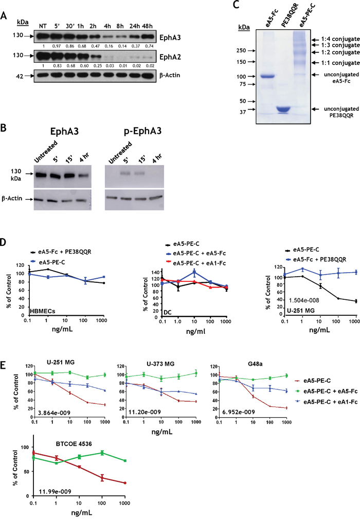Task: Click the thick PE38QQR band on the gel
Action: pyautogui.click(x=278, y=110)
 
